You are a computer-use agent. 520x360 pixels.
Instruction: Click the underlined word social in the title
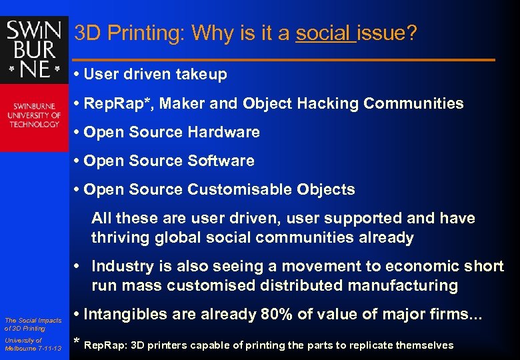tap(325, 33)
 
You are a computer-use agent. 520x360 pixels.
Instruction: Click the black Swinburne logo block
tap(34, 50)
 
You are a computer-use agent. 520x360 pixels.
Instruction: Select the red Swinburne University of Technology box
tap(34, 117)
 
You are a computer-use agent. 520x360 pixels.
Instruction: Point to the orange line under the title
tap(283, 61)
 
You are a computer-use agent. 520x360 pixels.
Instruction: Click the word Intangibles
tap(125, 314)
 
